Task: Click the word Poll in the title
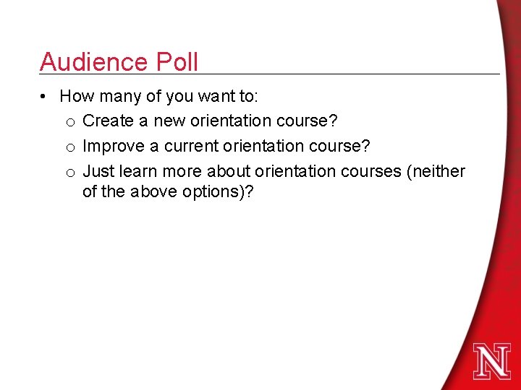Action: (175, 62)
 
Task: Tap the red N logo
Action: (492, 361)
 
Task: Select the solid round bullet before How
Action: (45, 96)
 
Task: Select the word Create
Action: (107, 121)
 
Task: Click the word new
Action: (167, 121)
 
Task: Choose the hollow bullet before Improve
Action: (71, 147)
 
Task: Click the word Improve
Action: (114, 146)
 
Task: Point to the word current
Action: (191, 146)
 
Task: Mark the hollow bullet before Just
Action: (71, 173)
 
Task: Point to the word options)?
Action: (219, 194)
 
